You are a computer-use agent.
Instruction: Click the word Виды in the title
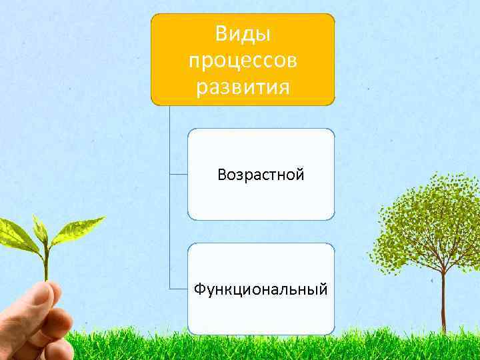[x=243, y=33]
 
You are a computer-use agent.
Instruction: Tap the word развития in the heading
[x=243, y=87]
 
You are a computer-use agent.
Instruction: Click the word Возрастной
[x=261, y=175]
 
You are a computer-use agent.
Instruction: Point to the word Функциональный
[x=261, y=289]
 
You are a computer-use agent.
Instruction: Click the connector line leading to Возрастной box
[x=178, y=175]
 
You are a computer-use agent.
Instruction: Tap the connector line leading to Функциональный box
[x=178, y=289]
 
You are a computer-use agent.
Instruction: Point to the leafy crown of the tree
[x=427, y=220]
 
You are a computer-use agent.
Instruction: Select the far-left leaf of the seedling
[x=17, y=233]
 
